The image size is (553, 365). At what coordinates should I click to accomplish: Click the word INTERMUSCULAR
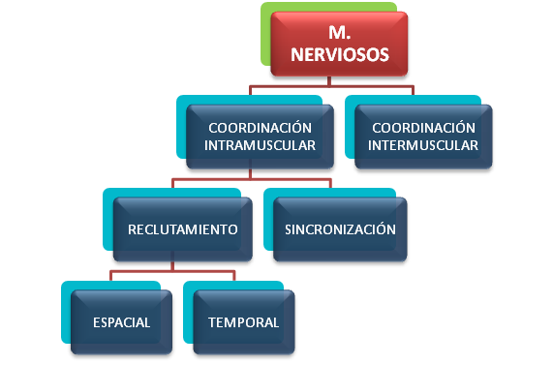(x=425, y=146)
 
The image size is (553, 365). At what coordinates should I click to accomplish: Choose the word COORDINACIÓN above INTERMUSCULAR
(x=425, y=128)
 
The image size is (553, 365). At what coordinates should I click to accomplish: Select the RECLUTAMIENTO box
(x=183, y=229)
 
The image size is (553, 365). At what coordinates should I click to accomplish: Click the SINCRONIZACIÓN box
(x=340, y=229)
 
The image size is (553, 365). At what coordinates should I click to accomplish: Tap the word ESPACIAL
(x=123, y=322)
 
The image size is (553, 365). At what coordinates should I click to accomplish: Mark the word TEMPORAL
(x=243, y=322)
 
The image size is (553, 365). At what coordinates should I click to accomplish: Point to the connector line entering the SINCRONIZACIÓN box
(x=328, y=186)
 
